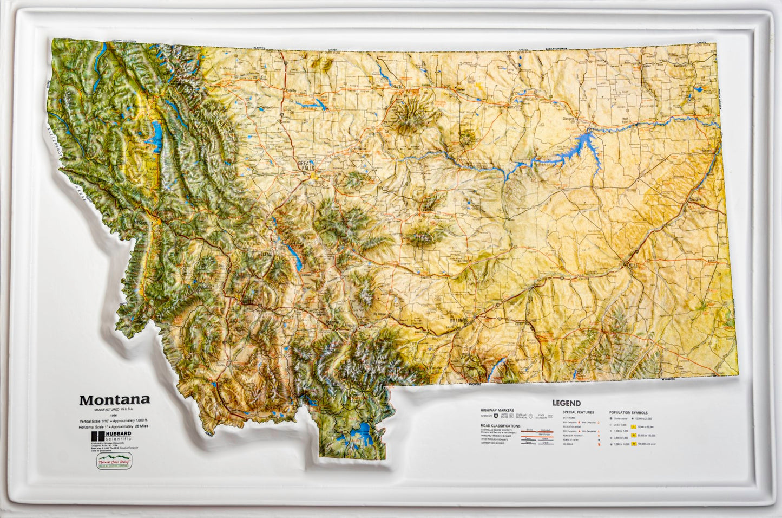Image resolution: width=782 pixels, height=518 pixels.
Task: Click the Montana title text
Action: [115, 400]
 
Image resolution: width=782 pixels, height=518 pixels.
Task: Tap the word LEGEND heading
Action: [566, 403]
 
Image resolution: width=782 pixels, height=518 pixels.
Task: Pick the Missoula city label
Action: [145, 223]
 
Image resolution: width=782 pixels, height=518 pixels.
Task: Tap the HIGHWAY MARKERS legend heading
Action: [496, 411]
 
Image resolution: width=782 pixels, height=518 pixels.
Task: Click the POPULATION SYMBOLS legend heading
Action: [628, 412]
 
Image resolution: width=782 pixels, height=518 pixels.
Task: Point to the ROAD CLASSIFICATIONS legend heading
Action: [500, 426]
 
